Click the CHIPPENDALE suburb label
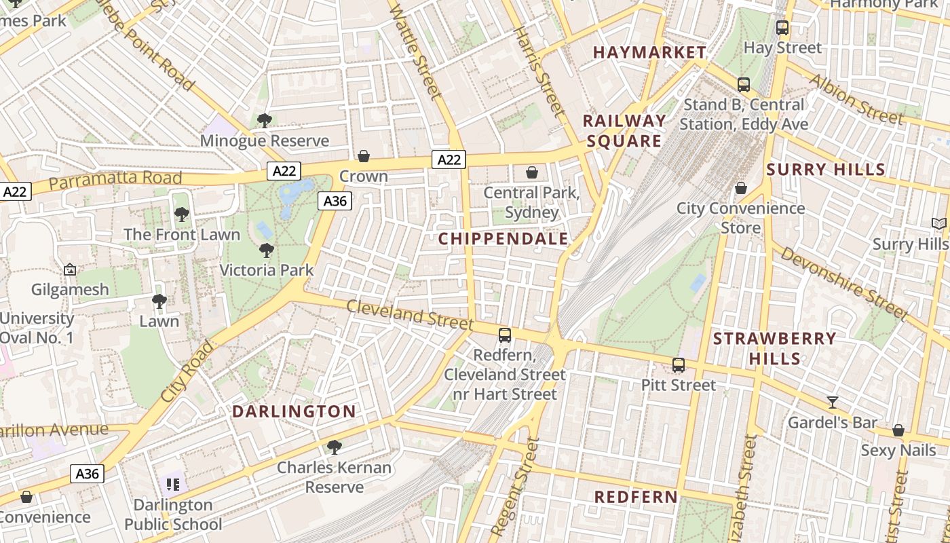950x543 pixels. tap(503, 239)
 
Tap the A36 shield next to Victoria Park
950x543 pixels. tap(335, 201)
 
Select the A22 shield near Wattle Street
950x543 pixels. tap(449, 160)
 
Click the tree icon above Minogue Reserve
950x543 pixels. tap(264, 121)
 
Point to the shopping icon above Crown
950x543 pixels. tap(364, 156)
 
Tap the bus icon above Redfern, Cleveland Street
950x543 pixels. tap(504, 335)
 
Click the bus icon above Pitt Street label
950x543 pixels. tap(678, 365)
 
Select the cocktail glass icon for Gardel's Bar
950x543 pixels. tap(833, 402)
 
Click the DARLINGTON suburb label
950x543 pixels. tap(294, 411)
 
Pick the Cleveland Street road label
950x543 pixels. tap(408, 314)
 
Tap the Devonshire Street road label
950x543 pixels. tap(843, 282)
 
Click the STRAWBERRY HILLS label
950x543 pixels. tap(774, 348)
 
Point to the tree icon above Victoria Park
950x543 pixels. tap(267, 250)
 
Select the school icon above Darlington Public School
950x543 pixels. tap(172, 485)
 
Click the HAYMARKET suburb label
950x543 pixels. tap(649, 52)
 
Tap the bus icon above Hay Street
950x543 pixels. tap(782, 28)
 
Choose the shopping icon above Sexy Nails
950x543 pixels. tap(898, 430)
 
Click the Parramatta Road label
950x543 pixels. tap(115, 180)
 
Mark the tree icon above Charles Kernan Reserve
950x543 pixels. tap(333, 447)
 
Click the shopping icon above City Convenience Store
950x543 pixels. tap(740, 187)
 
